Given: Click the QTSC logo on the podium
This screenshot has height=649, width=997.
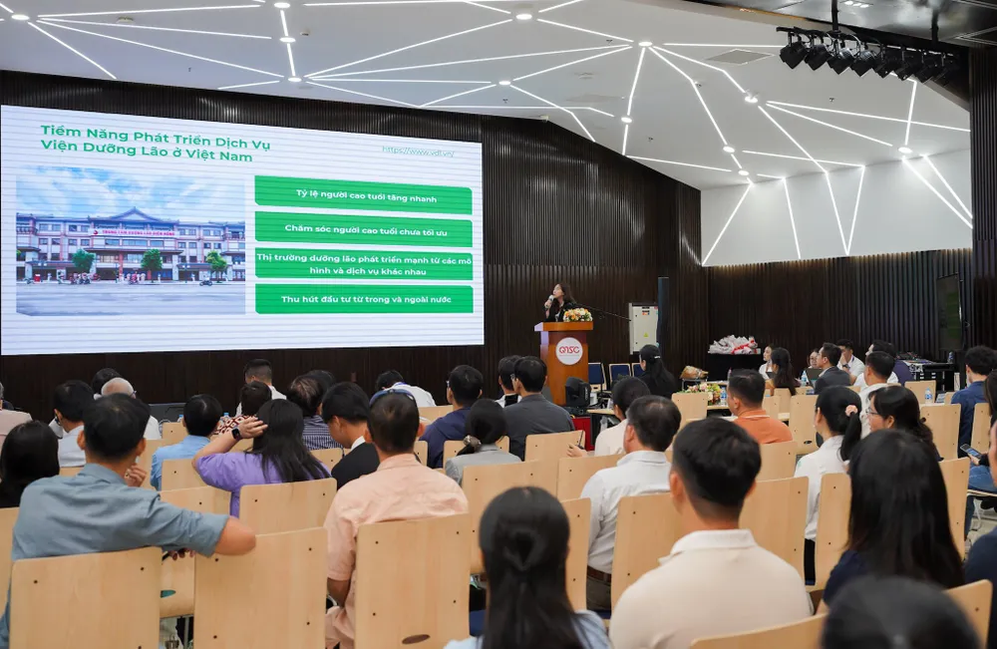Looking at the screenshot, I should [568, 351].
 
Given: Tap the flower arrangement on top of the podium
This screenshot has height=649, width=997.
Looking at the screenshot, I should [577, 315].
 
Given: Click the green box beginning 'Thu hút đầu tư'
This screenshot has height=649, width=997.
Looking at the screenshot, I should [363, 299].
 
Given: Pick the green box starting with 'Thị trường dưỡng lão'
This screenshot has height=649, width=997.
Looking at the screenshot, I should [363, 263].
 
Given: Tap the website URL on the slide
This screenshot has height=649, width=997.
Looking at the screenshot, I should [418, 152].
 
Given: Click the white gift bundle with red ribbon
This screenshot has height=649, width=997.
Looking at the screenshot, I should [733, 345].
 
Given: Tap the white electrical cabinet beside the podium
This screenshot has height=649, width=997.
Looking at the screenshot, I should [643, 328].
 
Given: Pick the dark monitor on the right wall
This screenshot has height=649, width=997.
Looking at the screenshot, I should [948, 312].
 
